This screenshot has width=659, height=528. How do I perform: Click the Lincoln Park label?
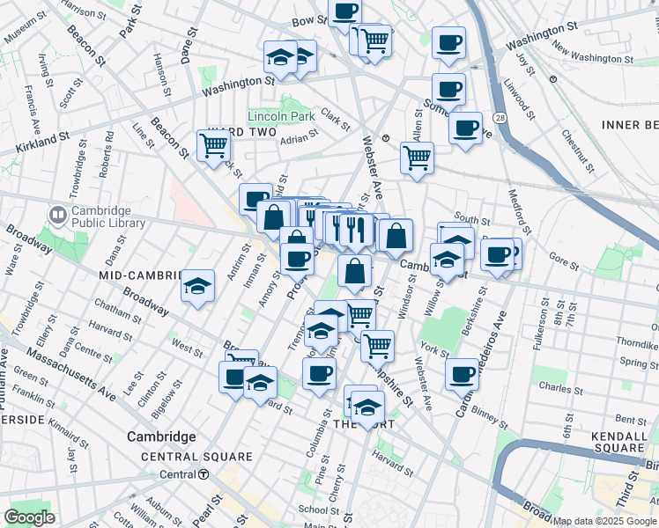281,116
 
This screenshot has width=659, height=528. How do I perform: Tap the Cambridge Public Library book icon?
57,214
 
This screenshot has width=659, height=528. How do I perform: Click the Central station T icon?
204,474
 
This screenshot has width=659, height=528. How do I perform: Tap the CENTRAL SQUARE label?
196,457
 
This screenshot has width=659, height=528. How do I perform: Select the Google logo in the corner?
30,517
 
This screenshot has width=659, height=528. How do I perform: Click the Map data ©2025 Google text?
604,521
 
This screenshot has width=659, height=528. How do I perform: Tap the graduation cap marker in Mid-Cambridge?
198,286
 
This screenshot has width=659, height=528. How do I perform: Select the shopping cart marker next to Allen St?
417,158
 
